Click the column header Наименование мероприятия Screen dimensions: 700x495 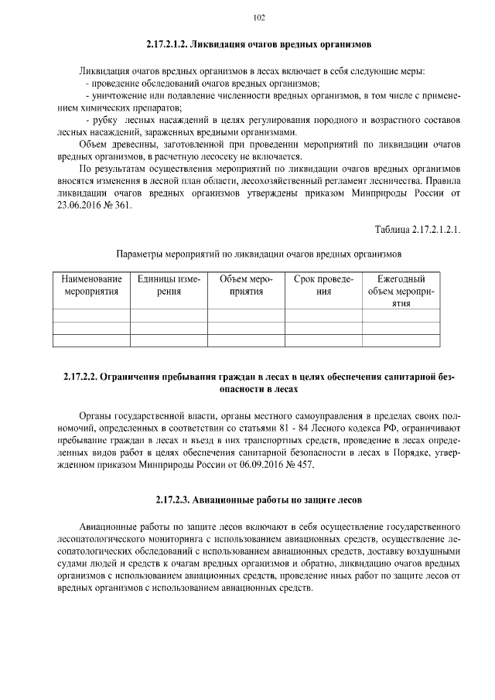coord(91,285)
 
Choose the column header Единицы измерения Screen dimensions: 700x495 coord(169,285)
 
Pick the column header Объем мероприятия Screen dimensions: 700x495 coord(246,285)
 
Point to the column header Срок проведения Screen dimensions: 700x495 coord(323,285)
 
